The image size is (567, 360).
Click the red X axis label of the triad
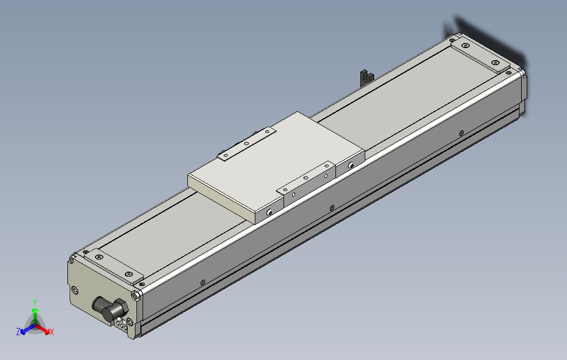(x=51, y=332)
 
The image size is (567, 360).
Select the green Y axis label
(x=34, y=302)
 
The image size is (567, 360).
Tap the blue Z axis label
(x=18, y=331)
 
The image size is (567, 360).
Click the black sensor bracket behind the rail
(x=364, y=76)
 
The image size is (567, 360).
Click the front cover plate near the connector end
(x=113, y=266)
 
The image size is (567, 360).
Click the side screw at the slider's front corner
(x=269, y=212)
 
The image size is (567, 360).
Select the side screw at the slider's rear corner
(x=352, y=165)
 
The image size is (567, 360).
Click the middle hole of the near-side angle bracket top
(x=306, y=178)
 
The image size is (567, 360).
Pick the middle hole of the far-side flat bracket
(x=246, y=143)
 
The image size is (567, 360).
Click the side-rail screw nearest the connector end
(x=203, y=282)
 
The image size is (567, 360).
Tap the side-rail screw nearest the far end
(x=461, y=133)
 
